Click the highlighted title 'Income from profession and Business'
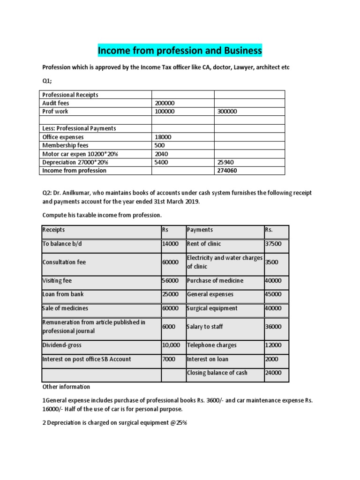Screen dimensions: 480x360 [x=180, y=50]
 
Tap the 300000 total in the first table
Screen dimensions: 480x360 [x=227, y=112]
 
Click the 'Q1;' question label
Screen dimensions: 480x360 [x=47, y=81]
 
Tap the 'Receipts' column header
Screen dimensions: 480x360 [x=53, y=230]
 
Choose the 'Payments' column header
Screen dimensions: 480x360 [x=200, y=230]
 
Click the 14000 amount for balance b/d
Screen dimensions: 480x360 [x=170, y=244]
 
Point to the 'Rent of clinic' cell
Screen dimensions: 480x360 [x=204, y=244]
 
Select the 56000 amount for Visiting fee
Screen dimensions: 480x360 [x=170, y=280]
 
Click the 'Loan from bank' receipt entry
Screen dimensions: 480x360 [x=63, y=294]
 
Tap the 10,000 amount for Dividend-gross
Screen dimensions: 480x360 [x=171, y=345]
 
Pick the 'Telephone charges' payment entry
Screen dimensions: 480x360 [x=211, y=345]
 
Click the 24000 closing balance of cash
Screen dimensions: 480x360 [x=273, y=373]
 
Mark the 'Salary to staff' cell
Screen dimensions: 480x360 [x=205, y=327]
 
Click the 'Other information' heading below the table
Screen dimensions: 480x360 [x=66, y=387]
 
